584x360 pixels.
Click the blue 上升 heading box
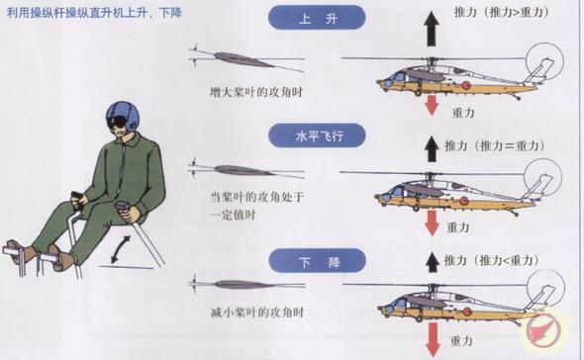[x=316, y=18]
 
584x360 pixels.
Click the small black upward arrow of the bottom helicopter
[x=431, y=262]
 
